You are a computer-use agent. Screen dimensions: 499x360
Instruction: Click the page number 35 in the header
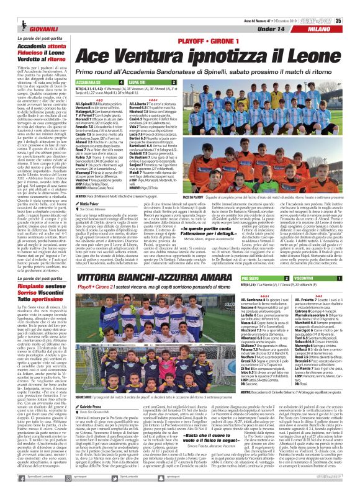click(354, 5)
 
